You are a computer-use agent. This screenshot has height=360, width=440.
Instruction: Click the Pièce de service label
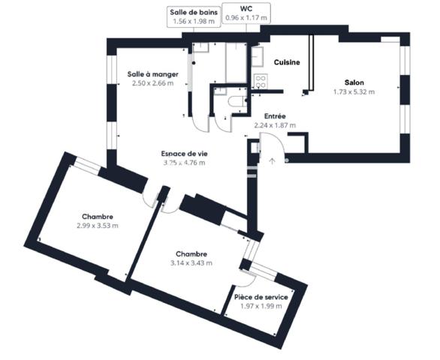tap(261, 297)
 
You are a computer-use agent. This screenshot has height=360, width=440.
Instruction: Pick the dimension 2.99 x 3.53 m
tap(97, 225)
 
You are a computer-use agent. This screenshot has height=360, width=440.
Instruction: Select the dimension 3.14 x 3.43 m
tap(191, 263)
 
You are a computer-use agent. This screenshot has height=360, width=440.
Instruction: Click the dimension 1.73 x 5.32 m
tap(354, 91)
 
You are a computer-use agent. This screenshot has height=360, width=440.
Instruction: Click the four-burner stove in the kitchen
tap(261, 80)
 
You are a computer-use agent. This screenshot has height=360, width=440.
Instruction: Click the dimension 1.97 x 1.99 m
tap(261, 306)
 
